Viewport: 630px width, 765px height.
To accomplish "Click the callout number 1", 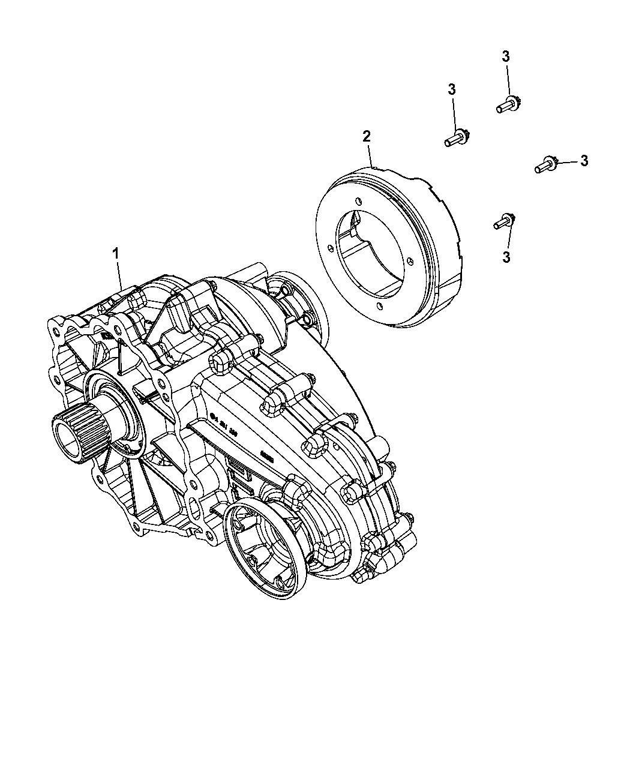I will click(x=116, y=254).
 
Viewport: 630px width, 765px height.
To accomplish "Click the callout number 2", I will click(x=366, y=136).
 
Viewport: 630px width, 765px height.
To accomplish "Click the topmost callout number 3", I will click(x=505, y=57).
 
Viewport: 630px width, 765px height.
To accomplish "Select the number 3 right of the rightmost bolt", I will click(x=584, y=160).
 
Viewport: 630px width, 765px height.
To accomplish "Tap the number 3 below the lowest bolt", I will click(x=506, y=257).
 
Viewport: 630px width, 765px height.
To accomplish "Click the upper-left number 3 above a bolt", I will click(x=451, y=89).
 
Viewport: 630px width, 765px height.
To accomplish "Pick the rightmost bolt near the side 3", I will click(x=546, y=164).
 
